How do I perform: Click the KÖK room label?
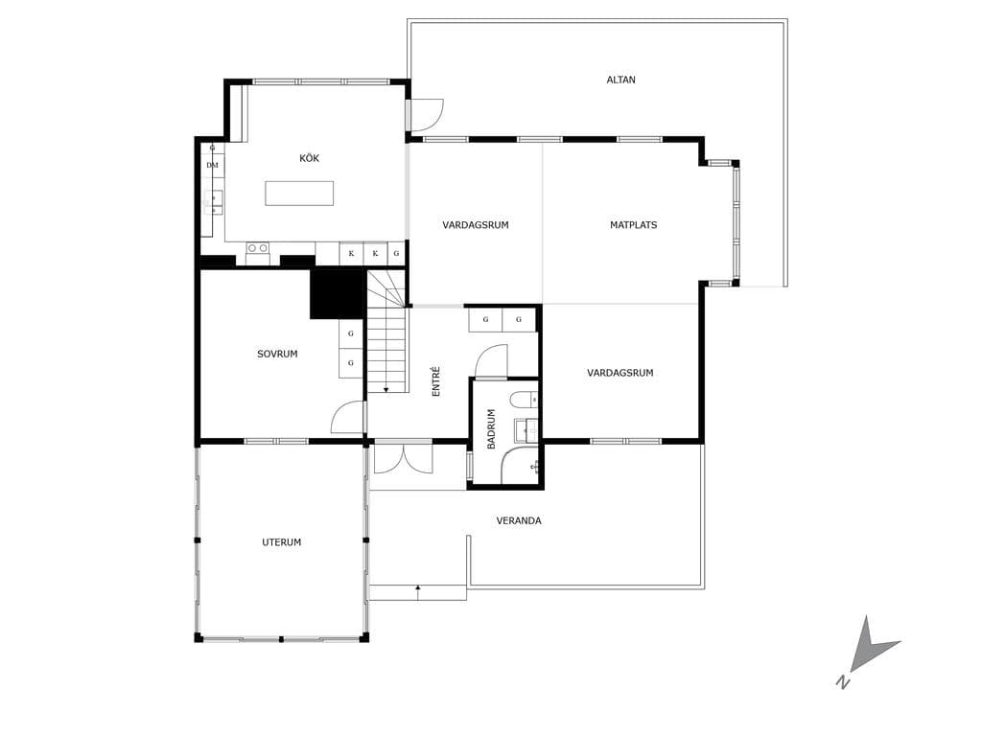[x=310, y=158]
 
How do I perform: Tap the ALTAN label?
[x=620, y=80]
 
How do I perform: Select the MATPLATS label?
[x=633, y=224]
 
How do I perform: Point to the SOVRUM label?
[x=277, y=354]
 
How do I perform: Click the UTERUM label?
[x=281, y=542]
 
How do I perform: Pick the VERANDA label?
[x=519, y=520]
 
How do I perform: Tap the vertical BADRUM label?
[x=491, y=428]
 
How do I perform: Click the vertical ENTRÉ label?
[x=436, y=381]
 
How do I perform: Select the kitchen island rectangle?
[x=299, y=194]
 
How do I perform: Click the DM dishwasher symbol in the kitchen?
[x=212, y=165]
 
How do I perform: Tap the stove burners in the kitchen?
[x=257, y=248]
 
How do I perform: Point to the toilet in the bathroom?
[x=524, y=400]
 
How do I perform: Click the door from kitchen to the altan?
[x=426, y=116]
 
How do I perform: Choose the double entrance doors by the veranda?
[x=404, y=457]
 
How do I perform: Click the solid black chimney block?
[x=338, y=293]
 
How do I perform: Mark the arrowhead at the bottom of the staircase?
[x=386, y=390]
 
